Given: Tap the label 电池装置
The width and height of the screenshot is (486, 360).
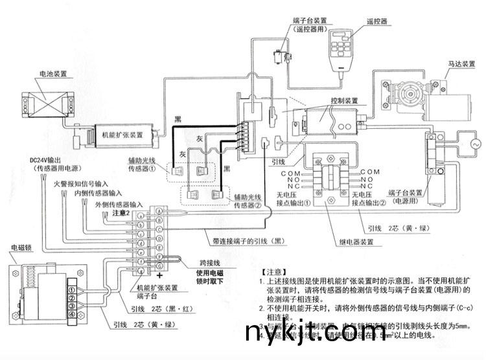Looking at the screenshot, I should pyautogui.click(x=46, y=74).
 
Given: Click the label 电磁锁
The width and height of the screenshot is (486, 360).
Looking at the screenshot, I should pyautogui.click(x=23, y=248).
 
